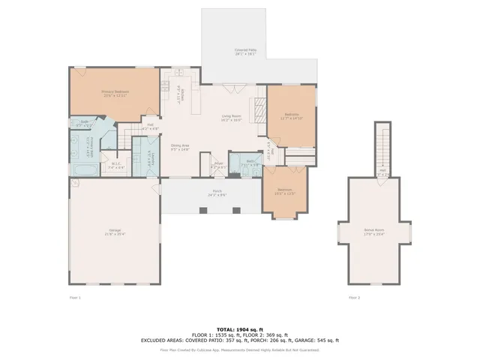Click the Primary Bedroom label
116,93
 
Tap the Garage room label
115,232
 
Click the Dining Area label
180,147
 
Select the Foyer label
217,164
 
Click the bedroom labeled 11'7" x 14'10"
291,115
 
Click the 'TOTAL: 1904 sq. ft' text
239,328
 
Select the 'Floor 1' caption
74,298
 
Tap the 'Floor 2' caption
354,298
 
